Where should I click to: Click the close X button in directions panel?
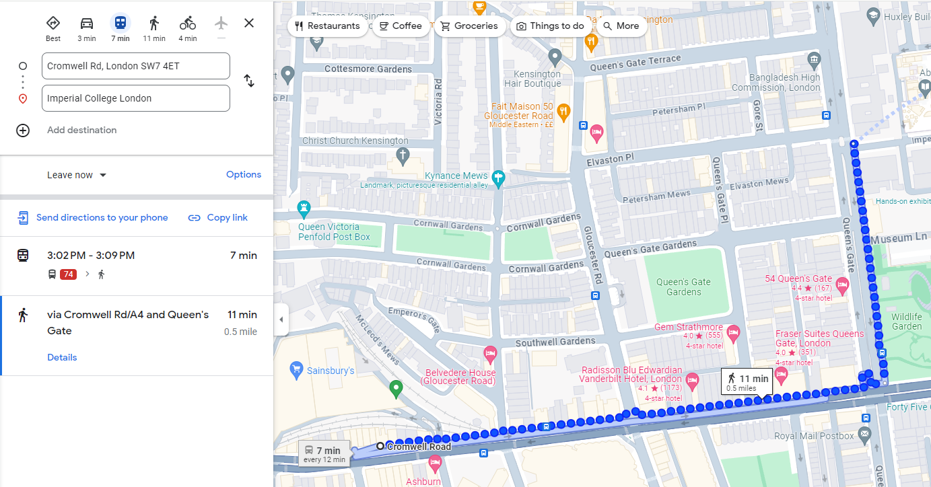(249, 23)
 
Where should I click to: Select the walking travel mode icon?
(154, 23)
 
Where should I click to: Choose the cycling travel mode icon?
(188, 23)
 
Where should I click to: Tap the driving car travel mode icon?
(87, 23)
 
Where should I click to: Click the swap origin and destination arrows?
(249, 81)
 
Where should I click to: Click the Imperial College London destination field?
(136, 98)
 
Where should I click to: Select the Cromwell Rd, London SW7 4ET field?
(136, 66)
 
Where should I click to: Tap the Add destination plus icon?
(23, 130)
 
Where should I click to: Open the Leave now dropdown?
(77, 175)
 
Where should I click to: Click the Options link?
(244, 174)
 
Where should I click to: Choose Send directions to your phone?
(93, 217)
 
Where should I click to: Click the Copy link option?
(217, 217)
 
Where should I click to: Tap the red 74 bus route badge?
(68, 274)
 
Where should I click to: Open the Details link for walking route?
(62, 357)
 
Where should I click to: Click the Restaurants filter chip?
(327, 26)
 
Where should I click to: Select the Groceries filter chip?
(469, 26)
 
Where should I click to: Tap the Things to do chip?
(551, 26)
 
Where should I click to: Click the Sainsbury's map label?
(330, 371)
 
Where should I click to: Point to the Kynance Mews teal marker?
(498, 178)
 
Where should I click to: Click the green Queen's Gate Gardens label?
(683, 287)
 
